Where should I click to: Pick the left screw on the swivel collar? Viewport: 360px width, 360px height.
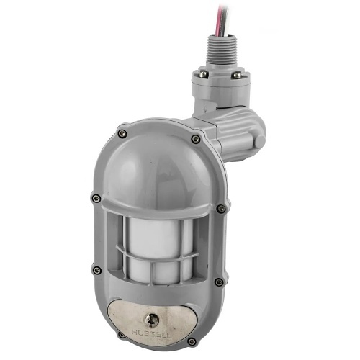pyautogui.click(x=204, y=74)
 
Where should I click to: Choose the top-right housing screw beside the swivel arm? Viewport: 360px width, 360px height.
pyautogui.click(x=196, y=138)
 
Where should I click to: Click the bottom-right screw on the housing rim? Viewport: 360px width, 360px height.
pyautogui.click(x=192, y=341)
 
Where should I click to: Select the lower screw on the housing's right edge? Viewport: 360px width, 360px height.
pyautogui.click(x=217, y=282)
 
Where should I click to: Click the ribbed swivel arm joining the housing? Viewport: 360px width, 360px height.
pyautogui.click(x=234, y=133)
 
